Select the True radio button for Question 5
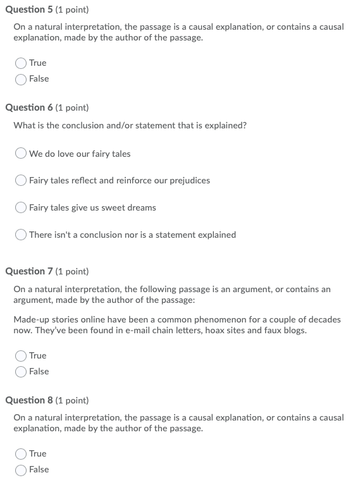21,63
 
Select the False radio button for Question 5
21,79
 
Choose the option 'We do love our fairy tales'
21,154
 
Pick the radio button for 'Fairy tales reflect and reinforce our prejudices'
21,181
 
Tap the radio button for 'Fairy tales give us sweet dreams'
21,208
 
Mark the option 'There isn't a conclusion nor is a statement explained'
21,235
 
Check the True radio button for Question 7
21,356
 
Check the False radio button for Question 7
21,372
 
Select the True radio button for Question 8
21,454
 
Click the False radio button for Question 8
21,470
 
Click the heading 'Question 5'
29,10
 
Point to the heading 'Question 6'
29,108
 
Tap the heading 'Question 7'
29,272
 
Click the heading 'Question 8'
29,400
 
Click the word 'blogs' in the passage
294,330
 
